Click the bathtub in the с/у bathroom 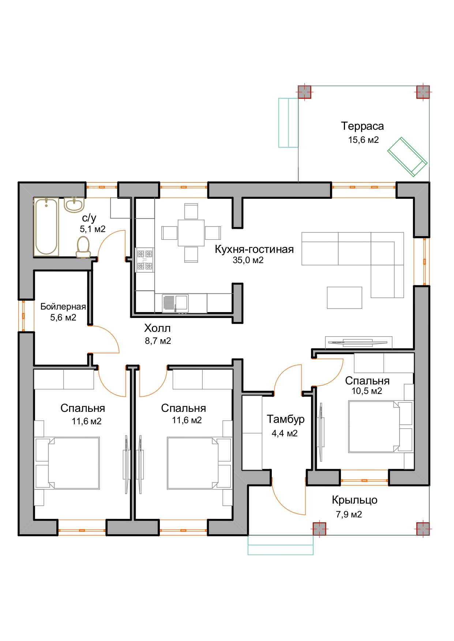46,227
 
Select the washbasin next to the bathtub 74,205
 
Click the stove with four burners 145,260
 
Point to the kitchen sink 175,303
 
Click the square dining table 191,233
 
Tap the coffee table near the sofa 344,297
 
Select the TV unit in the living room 359,342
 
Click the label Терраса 363,126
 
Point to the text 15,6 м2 363,140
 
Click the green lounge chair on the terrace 407,157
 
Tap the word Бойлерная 63,307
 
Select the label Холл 157,328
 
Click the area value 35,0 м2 248,260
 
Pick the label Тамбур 285,419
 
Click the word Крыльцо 354,500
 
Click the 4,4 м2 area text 285,433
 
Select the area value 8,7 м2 158,341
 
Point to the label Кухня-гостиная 254,249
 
